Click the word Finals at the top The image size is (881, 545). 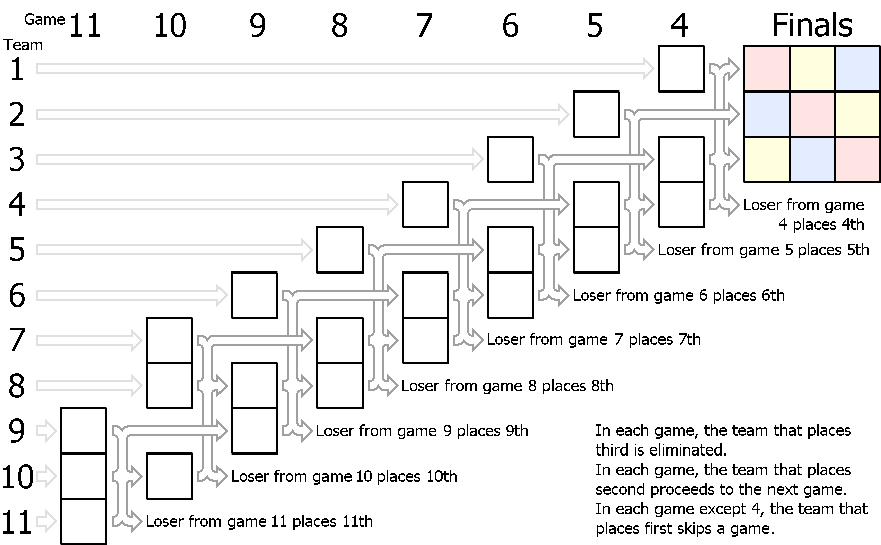pyautogui.click(x=812, y=25)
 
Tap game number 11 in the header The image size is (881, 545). pyautogui.click(x=85, y=26)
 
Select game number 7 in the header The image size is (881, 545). pyautogui.click(x=424, y=26)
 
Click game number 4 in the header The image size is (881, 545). pyautogui.click(x=679, y=26)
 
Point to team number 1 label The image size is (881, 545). pyautogui.click(x=17, y=69)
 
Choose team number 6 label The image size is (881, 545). pyautogui.click(x=17, y=296)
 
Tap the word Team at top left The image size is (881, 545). pyautogui.click(x=24, y=45)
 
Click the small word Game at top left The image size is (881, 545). pyautogui.click(x=45, y=20)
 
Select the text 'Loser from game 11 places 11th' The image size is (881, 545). pyautogui.click(x=259, y=522)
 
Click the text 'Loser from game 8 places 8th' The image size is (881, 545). pyautogui.click(x=507, y=386)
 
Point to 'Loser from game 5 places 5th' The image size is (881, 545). pyautogui.click(x=763, y=250)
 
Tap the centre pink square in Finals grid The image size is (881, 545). pyautogui.click(x=812, y=114)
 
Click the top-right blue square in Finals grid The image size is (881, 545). pyautogui.click(x=857, y=69)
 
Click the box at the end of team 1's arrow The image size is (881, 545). pyautogui.click(x=682, y=69)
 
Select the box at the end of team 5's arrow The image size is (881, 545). pyautogui.click(x=340, y=250)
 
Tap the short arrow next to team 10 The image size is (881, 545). pyautogui.click(x=46, y=476)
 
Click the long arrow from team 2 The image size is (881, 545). pyautogui.click(x=303, y=115)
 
